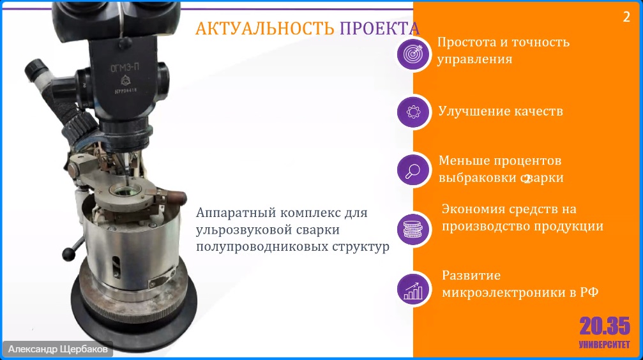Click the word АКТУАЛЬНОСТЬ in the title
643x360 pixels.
(264, 29)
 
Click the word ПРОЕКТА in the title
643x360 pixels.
(380, 29)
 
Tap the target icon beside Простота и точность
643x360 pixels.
(413, 54)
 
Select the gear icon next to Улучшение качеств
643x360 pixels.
(413, 112)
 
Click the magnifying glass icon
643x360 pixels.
(413, 170)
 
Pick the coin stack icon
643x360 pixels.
(413, 229)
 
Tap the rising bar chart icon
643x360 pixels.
(413, 289)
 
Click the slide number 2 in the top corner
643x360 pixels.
(626, 17)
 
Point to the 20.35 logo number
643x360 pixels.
(605, 326)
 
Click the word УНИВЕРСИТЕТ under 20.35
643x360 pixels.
(605, 345)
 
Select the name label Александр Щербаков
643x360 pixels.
(58, 349)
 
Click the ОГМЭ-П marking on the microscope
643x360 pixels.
(125, 67)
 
